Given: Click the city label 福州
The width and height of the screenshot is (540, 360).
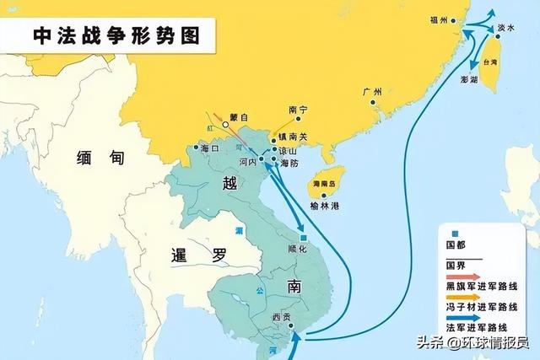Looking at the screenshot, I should point(437,19).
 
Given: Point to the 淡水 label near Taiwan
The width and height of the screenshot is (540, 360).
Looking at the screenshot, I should point(505,28).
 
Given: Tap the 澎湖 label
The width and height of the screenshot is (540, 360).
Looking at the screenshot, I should point(469,80).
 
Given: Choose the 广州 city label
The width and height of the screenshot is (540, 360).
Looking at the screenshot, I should point(371,92).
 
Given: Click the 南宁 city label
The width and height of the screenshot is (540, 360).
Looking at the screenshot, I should point(299,110).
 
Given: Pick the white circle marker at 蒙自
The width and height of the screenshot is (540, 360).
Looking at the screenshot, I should point(225,126).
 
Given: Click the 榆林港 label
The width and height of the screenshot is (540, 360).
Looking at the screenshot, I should point(324,206).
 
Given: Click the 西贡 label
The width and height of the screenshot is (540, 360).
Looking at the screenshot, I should point(281,318).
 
